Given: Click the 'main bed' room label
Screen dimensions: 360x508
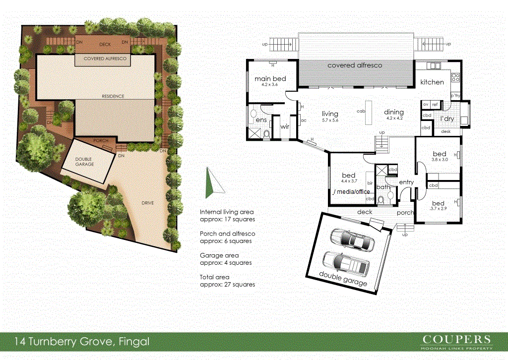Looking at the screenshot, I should point(270,79).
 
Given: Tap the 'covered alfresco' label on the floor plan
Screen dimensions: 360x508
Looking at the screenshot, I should point(354,65).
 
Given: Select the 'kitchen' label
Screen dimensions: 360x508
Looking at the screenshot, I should point(432,82).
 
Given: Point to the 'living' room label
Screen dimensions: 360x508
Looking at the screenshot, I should point(329,113).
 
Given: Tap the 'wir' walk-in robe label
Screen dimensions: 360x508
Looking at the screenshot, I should point(285,127).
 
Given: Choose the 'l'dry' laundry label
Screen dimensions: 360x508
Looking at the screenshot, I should point(447,119).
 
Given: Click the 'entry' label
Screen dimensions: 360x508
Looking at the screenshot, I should point(406,182).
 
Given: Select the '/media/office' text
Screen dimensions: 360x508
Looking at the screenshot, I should point(352,191).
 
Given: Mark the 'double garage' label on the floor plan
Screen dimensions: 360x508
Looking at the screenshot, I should point(343,279).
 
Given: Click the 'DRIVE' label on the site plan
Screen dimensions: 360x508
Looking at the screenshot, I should point(148,203).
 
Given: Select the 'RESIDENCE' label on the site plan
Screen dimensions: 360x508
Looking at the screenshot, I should point(113,96).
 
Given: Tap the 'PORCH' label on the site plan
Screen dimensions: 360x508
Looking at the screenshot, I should point(101,141).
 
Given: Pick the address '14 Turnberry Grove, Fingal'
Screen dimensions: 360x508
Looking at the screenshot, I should point(82,342).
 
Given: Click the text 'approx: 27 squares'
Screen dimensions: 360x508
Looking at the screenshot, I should point(227,285).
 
